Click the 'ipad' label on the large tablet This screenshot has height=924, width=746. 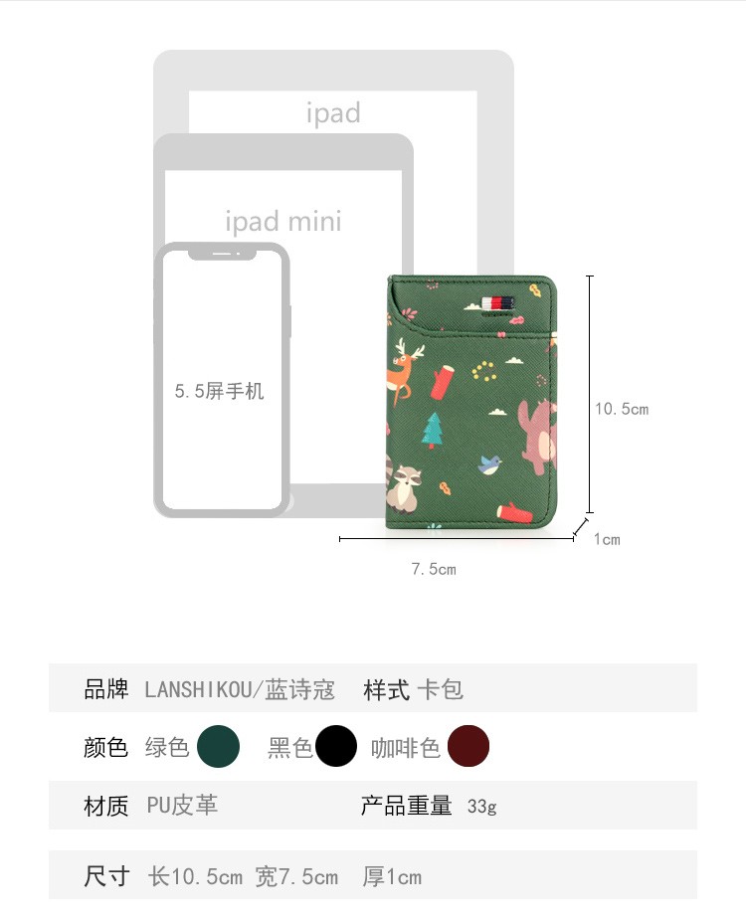pos(333,112)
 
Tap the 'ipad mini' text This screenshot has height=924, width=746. pos(282,222)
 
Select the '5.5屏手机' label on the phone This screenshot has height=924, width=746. pos(219,391)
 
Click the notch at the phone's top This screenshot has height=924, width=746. pos(222,254)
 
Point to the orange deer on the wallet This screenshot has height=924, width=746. pos(404,371)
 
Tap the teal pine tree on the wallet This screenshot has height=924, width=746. pos(433,431)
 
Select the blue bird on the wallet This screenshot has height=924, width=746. pos(489,464)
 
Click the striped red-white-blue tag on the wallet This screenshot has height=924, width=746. pos(498,303)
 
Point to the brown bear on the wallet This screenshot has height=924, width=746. pos(538,437)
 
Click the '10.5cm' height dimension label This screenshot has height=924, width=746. pos(622,409)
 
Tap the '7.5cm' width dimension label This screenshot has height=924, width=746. pos(434,569)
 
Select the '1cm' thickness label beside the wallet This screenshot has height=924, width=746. pos(607,539)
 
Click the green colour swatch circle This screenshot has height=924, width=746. pos(218,746)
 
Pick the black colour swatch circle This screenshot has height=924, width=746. pos(336,746)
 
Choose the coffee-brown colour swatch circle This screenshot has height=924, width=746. pos(468,746)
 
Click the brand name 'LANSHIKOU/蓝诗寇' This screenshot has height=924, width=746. pos(240,689)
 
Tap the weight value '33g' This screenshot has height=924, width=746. pos(482,807)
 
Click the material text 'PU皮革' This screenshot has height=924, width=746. pos(182,805)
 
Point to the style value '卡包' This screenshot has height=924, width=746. pos(441,689)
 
